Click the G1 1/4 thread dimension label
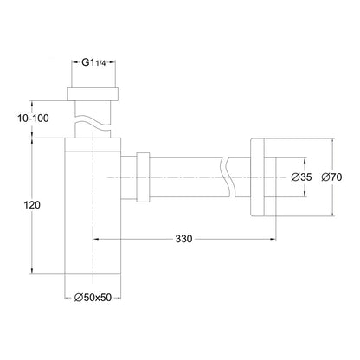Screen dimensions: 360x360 pyautogui.click(x=93, y=63)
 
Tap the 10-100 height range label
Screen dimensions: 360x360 pyautogui.click(x=33, y=119)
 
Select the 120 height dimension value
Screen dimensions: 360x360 pyautogui.click(x=32, y=205)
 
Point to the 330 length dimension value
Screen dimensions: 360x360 pyautogui.click(x=183, y=239)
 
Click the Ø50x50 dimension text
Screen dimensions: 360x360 pyautogui.click(x=93, y=298)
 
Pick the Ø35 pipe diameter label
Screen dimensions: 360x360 pyautogui.click(x=301, y=177)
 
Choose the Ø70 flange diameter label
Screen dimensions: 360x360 pyautogui.click(x=331, y=177)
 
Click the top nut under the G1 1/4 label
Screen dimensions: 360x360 pyautogui.click(x=93, y=93)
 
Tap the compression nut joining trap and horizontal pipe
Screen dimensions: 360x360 pyautogui.click(x=143, y=177)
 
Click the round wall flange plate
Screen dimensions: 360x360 pyautogui.click(x=257, y=177)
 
